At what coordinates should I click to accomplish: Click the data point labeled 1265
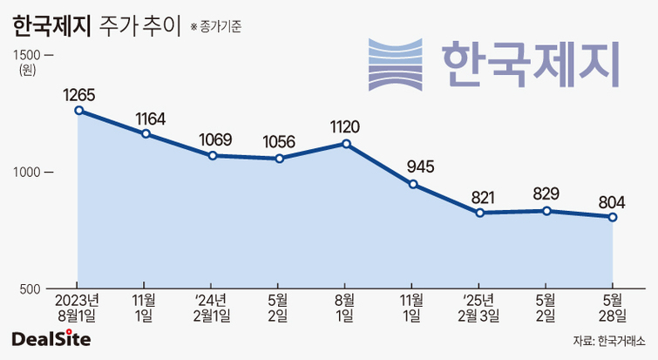[x=78, y=111]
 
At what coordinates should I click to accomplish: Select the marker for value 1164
[x=146, y=133]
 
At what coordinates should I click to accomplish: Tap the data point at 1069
[x=212, y=155]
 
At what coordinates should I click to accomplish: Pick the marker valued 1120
[x=346, y=144]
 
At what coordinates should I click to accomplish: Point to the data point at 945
[x=413, y=184]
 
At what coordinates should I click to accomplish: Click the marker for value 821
[x=480, y=213]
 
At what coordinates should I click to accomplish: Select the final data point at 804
[x=613, y=217]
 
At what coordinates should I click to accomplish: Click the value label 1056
[x=279, y=140]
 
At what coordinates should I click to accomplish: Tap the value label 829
[x=546, y=194]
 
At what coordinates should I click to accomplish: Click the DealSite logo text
[x=51, y=338]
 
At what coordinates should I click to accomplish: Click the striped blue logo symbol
[x=397, y=64]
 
